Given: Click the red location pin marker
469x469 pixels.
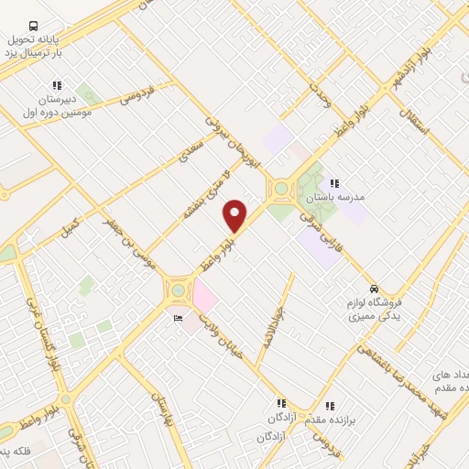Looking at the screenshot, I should [235, 215].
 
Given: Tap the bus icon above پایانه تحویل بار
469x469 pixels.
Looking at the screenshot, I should [34, 27].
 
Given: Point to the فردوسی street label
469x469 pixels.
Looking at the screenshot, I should [134, 98].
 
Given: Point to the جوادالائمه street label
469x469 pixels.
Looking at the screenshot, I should [272, 326].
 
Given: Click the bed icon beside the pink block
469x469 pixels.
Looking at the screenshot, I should [178, 318].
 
